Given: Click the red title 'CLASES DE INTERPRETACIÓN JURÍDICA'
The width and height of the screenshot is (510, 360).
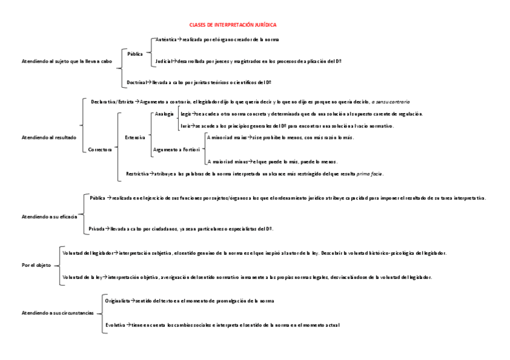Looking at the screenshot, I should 233,25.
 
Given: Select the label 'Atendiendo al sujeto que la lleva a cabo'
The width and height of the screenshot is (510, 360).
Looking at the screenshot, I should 67,61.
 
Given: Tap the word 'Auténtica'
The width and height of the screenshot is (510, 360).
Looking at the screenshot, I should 166,39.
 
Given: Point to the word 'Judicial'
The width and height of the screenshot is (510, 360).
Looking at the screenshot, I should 163,61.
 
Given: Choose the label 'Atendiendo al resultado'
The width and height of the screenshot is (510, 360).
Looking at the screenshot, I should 49,138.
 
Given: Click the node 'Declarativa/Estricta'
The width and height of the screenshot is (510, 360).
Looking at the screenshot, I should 112,102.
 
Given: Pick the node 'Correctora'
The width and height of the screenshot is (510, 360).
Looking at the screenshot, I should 100,150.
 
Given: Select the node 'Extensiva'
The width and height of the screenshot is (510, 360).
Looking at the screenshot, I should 135,138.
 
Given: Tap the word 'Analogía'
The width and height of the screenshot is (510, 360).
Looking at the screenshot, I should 164,114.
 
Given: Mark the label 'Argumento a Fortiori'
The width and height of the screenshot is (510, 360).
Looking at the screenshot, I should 176,149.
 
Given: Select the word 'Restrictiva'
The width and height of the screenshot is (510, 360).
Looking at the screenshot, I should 137,174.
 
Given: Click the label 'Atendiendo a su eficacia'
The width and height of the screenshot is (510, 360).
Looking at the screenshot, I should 49,216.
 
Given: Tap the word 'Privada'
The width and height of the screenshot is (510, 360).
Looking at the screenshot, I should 96,229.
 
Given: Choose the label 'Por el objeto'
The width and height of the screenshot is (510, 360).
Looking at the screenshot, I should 35,265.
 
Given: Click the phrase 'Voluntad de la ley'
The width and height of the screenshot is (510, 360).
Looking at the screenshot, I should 82,277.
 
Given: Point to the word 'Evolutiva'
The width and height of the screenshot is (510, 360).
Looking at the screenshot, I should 115,325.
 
